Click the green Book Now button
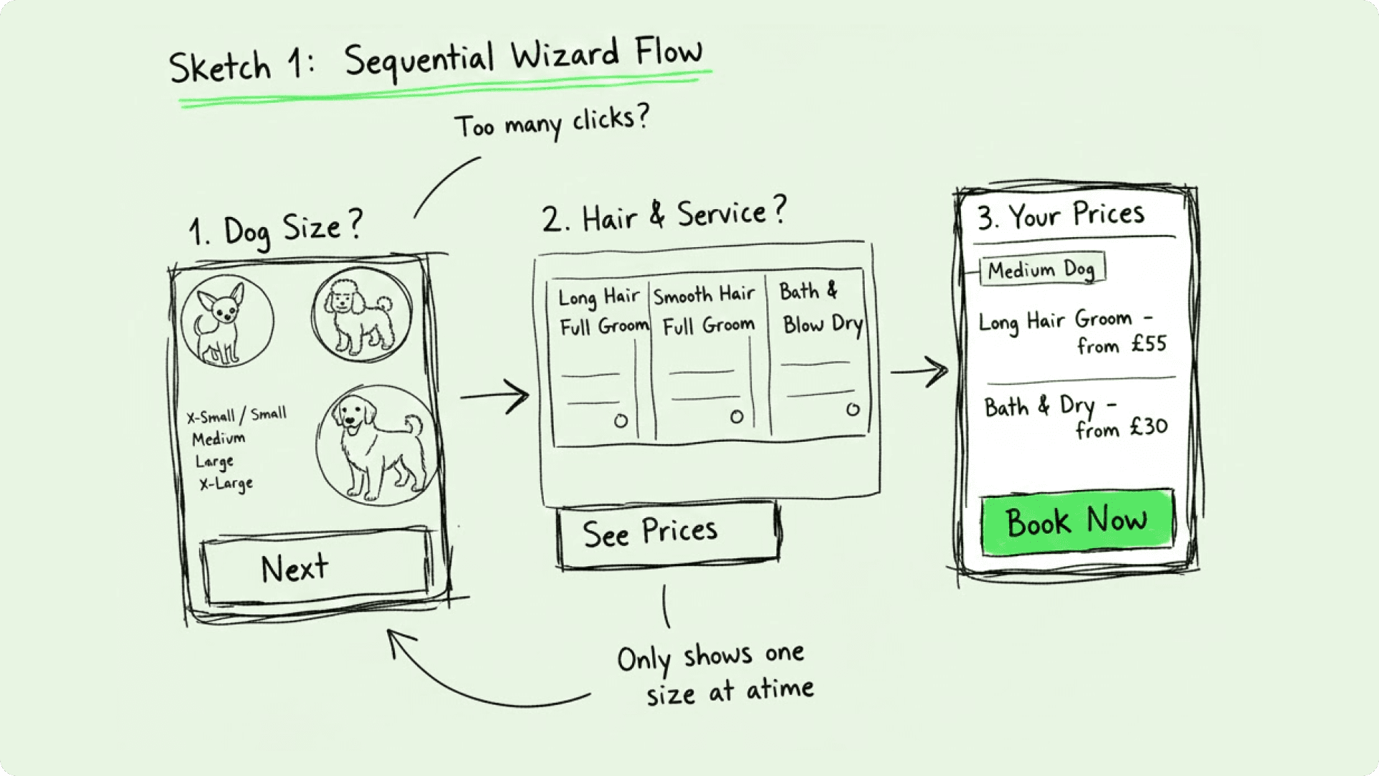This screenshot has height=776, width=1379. [1077, 522]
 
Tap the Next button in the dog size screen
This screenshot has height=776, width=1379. [317, 568]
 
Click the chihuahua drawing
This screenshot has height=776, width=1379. [226, 320]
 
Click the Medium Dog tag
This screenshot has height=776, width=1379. [1041, 270]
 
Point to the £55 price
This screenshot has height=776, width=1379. [1148, 344]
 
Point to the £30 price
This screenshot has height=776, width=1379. [1148, 428]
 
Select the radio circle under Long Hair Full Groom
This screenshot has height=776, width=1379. [621, 421]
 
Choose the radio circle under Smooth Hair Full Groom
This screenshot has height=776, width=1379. [736, 417]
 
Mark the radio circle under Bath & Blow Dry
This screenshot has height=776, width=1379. [853, 410]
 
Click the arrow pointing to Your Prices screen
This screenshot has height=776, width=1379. [919, 371]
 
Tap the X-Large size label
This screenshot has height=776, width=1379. [226, 484]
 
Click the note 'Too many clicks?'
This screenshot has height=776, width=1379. [552, 122]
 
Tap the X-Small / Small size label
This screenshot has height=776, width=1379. [236, 415]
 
